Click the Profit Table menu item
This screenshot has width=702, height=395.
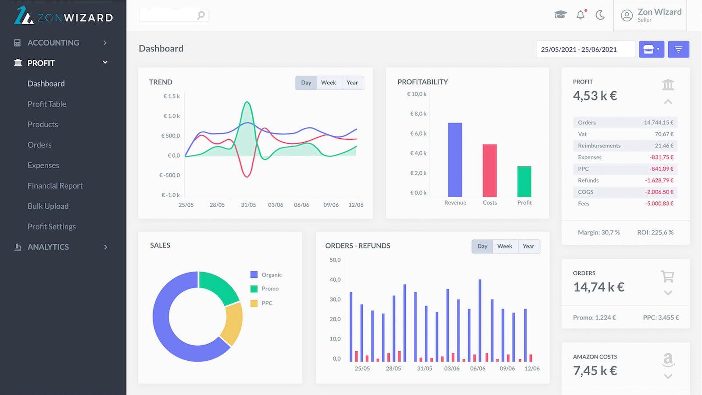coord(47,104)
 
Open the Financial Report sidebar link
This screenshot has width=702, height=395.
coord(55,186)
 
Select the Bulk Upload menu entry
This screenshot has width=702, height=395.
coord(48,206)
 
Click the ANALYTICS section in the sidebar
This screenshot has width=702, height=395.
coord(48,247)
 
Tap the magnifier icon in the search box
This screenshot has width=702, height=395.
coord(201,15)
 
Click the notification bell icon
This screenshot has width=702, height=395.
coord(580,15)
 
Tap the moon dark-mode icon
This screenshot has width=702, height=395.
coord(600,15)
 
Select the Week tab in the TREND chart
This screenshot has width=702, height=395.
coord(328,83)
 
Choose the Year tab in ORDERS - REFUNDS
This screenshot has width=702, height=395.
coord(528,246)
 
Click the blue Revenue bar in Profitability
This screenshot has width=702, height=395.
coord(455,160)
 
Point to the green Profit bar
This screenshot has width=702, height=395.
coord(524,181)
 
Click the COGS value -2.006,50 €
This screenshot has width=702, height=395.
coord(659,192)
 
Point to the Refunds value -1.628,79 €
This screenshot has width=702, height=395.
coord(659,180)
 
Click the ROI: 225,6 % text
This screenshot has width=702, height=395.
coord(655,233)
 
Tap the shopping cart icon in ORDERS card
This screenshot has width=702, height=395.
coord(667,276)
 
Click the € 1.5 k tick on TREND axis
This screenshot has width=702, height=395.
coord(172,96)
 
